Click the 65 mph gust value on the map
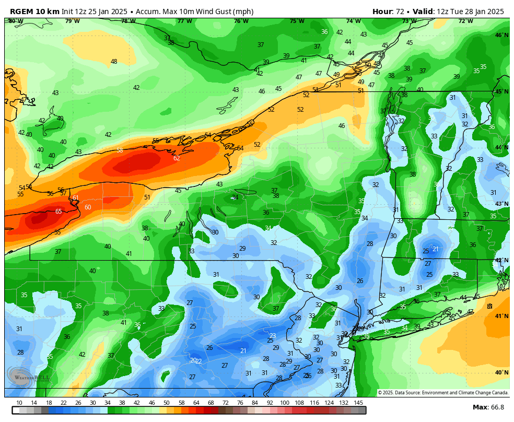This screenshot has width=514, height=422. [59, 212]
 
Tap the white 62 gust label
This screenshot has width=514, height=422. [177, 158]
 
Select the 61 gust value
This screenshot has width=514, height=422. [76, 198]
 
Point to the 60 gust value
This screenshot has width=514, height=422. [88, 207]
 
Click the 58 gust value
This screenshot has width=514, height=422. [120, 150]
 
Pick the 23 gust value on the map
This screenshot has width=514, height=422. [273, 336]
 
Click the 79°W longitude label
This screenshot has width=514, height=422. [72, 21]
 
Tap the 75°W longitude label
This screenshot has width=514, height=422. [297, 21]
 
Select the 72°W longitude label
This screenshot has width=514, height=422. [465, 21]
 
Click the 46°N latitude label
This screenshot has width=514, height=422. [501, 36]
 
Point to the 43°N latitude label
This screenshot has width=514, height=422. [501, 204]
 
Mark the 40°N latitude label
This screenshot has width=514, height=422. [501, 373]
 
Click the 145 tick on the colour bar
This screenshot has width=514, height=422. [358, 403]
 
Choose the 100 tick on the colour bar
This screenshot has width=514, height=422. [285, 403]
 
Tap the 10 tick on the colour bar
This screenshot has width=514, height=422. [19, 403]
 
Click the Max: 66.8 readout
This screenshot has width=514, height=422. [488, 407]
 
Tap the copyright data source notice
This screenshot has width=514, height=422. [443, 393]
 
